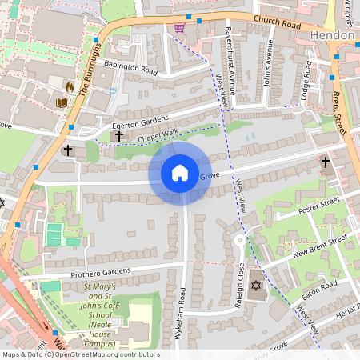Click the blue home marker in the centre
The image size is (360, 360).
pyautogui.click(x=180, y=173)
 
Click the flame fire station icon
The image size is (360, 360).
pyautogui.click(x=69, y=86)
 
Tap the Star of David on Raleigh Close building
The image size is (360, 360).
pyautogui.click(x=255, y=286)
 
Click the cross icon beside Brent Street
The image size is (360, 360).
pyautogui.click(x=324, y=162)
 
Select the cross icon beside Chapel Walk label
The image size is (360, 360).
pyautogui.click(x=119, y=137)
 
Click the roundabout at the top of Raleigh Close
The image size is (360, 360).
pyautogui.click(x=239, y=241)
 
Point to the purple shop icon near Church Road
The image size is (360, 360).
pyautogui.click(x=179, y=28)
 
